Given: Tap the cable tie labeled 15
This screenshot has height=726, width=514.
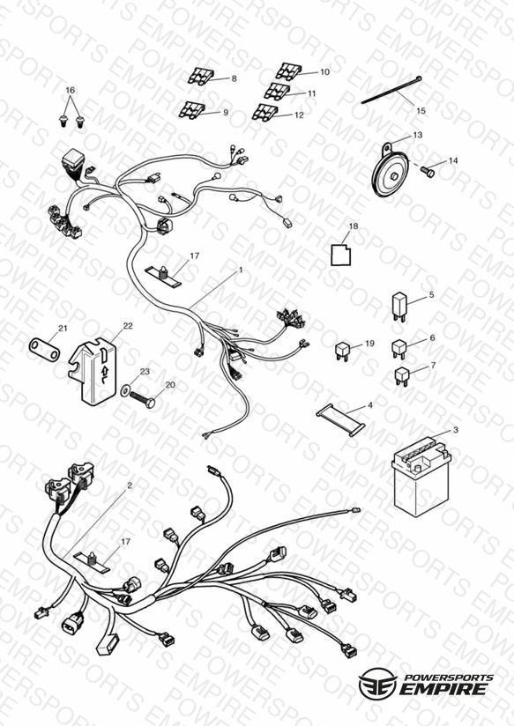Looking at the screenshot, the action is click(391, 91).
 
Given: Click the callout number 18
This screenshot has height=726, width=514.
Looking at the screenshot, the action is click(354, 226).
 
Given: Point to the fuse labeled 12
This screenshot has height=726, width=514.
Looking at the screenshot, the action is click(264, 113).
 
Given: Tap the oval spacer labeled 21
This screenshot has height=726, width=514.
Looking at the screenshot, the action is click(44, 349).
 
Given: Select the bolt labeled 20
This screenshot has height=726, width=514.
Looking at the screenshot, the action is click(143, 399).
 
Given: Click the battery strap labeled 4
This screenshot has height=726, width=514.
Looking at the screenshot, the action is click(340, 419).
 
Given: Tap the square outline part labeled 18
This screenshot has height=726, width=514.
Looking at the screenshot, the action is click(340, 256).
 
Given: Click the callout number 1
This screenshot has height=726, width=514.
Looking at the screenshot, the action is click(241, 269).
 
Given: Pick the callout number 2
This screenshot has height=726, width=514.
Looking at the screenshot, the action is click(130, 485).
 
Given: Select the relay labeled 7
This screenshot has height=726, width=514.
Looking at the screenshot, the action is click(402, 376).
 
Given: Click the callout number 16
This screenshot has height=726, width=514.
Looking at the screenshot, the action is click(70, 90).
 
